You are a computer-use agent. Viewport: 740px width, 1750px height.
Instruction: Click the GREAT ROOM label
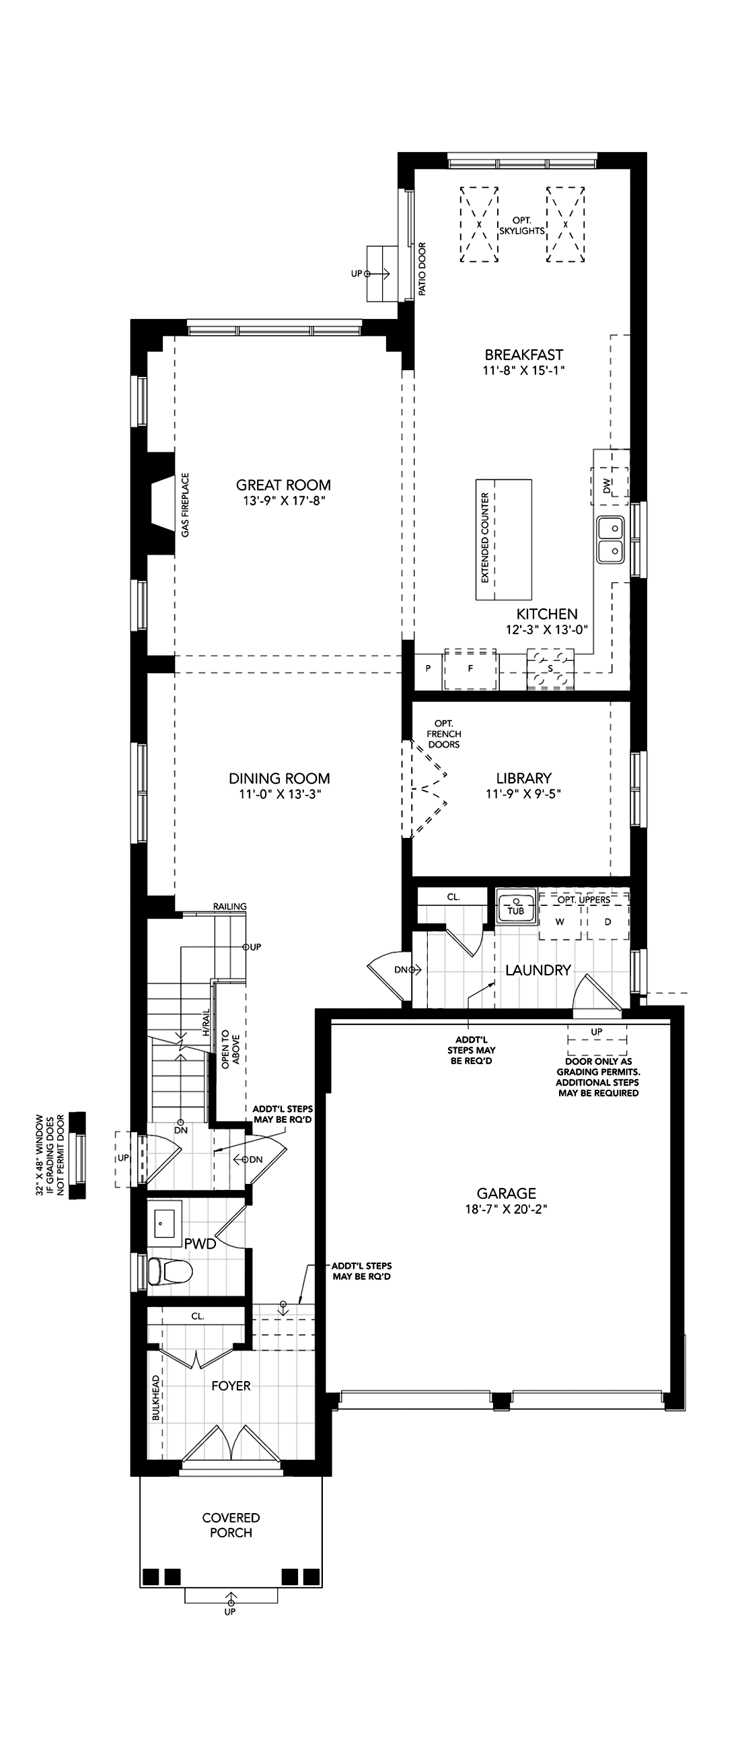[284, 485]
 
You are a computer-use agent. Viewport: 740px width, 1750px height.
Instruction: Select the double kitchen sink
[610, 539]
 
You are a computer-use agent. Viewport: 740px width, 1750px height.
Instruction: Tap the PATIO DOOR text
[422, 269]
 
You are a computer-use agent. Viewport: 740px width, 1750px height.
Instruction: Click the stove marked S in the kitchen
[550, 669]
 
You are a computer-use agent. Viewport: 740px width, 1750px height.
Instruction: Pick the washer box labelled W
[560, 922]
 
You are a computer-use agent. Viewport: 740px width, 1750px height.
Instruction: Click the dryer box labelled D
[607, 922]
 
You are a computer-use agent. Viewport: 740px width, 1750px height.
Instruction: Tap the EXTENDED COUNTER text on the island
[485, 538]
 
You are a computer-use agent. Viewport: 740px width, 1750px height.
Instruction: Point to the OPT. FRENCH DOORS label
[444, 734]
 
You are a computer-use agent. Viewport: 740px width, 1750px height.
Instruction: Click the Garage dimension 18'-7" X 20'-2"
[507, 1209]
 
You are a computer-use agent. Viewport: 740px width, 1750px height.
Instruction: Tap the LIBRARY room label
[523, 778]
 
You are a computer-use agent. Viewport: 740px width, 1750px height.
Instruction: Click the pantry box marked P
[429, 668]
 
